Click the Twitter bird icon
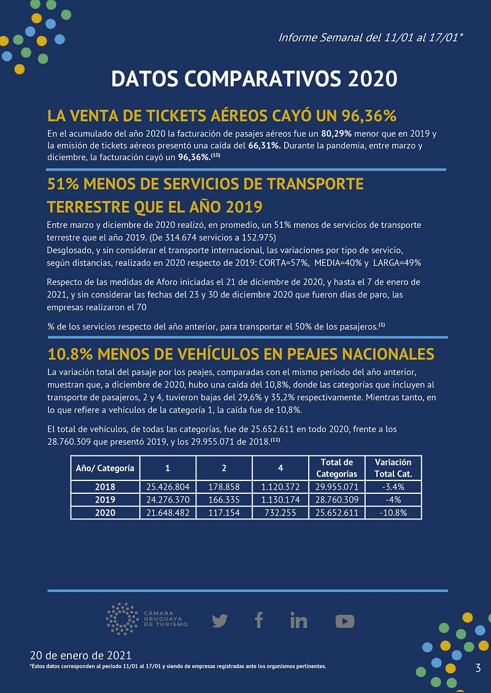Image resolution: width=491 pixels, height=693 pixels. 220,621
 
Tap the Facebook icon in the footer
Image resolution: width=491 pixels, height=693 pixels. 259,620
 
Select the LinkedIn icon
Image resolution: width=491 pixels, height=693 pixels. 299,621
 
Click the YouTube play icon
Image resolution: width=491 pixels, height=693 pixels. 345,621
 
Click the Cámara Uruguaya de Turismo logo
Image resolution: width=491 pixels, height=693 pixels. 147,619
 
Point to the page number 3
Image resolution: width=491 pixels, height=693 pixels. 477,668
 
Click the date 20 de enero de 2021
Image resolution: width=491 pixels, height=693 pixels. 80,655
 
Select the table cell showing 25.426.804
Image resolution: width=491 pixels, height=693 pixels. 168,487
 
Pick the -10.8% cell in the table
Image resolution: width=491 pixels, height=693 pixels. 393,513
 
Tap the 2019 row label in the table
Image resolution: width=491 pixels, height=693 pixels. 105,500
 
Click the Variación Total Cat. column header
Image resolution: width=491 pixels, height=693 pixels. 393,468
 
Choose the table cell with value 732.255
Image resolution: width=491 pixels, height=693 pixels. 280,513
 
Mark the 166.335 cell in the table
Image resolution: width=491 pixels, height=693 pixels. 224,500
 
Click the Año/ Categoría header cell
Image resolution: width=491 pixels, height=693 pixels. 105,468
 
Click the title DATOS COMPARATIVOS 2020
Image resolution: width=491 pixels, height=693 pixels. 254,79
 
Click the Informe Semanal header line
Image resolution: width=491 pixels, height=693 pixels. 371,37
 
